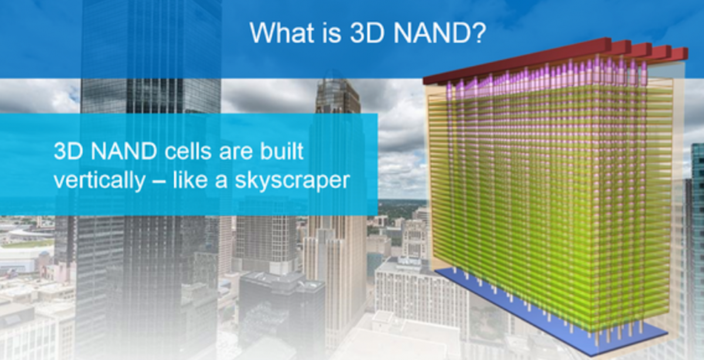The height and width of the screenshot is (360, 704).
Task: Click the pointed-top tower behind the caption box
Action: [337, 97]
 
